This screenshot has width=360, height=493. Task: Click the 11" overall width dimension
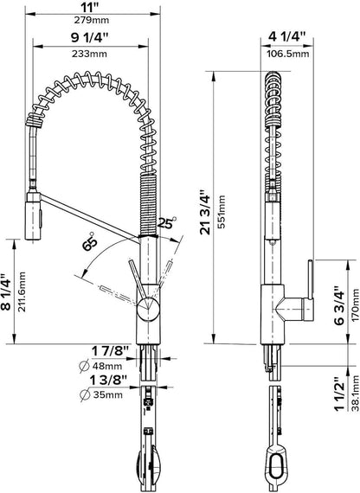coord(92,6)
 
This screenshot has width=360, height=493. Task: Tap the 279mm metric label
coord(92,21)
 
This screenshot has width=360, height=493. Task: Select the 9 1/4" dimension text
coord(89,38)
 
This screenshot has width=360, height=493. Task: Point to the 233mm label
coord(89,54)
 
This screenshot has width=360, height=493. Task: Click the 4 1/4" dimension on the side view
coord(287,36)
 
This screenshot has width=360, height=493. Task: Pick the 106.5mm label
coord(288,54)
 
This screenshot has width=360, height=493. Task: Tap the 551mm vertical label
coord(222,212)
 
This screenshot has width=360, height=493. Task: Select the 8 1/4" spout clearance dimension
coord(6,291)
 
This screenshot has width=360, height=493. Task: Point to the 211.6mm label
coord(22,291)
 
